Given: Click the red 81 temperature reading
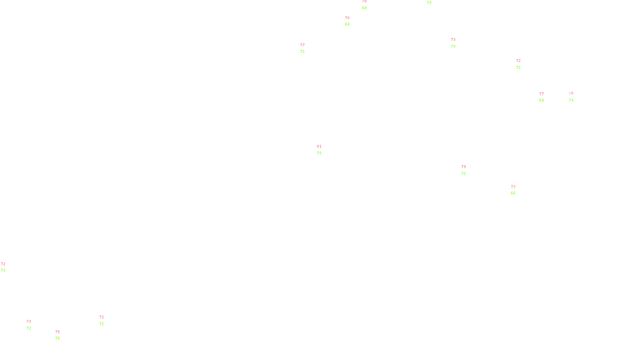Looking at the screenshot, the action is click(319, 146).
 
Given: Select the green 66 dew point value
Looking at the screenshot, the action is click(513, 193).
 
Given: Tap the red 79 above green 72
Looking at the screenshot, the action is click(463, 167).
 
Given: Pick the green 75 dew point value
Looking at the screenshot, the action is click(58, 338).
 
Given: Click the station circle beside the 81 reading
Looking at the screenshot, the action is click(323, 150).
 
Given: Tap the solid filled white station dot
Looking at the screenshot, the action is click(33, 325).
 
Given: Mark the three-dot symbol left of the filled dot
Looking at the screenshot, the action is click(30, 325).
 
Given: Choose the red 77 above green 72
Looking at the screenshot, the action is click(302, 45).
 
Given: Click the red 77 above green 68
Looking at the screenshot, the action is click(541, 94).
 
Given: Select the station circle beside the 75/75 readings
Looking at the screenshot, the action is click(62, 335).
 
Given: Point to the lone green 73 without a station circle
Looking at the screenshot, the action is click(429, 3).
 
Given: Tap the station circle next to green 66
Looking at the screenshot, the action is click(517, 190).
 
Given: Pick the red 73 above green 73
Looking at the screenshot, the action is click(453, 40).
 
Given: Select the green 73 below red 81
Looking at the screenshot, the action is click(319, 153).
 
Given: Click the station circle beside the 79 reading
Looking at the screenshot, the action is click(467, 170).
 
